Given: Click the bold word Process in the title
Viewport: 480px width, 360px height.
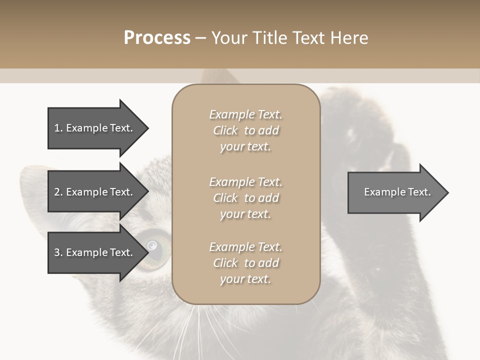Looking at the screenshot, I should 157,37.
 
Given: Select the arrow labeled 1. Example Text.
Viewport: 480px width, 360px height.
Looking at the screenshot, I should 95,128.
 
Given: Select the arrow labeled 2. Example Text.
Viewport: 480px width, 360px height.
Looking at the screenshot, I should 95,192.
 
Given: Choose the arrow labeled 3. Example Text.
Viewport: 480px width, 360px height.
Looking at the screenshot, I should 95,252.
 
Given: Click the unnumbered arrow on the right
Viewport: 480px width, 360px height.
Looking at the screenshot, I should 395,192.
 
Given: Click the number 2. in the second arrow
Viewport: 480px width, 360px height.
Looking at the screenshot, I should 58,192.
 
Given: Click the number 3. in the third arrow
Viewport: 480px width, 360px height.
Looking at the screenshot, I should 58,252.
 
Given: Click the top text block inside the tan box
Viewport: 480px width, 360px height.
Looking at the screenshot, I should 245,130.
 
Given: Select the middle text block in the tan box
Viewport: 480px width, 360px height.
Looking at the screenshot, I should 245,198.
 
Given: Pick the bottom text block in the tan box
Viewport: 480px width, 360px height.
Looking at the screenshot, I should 245,263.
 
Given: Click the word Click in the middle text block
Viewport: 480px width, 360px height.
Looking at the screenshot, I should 225,198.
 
